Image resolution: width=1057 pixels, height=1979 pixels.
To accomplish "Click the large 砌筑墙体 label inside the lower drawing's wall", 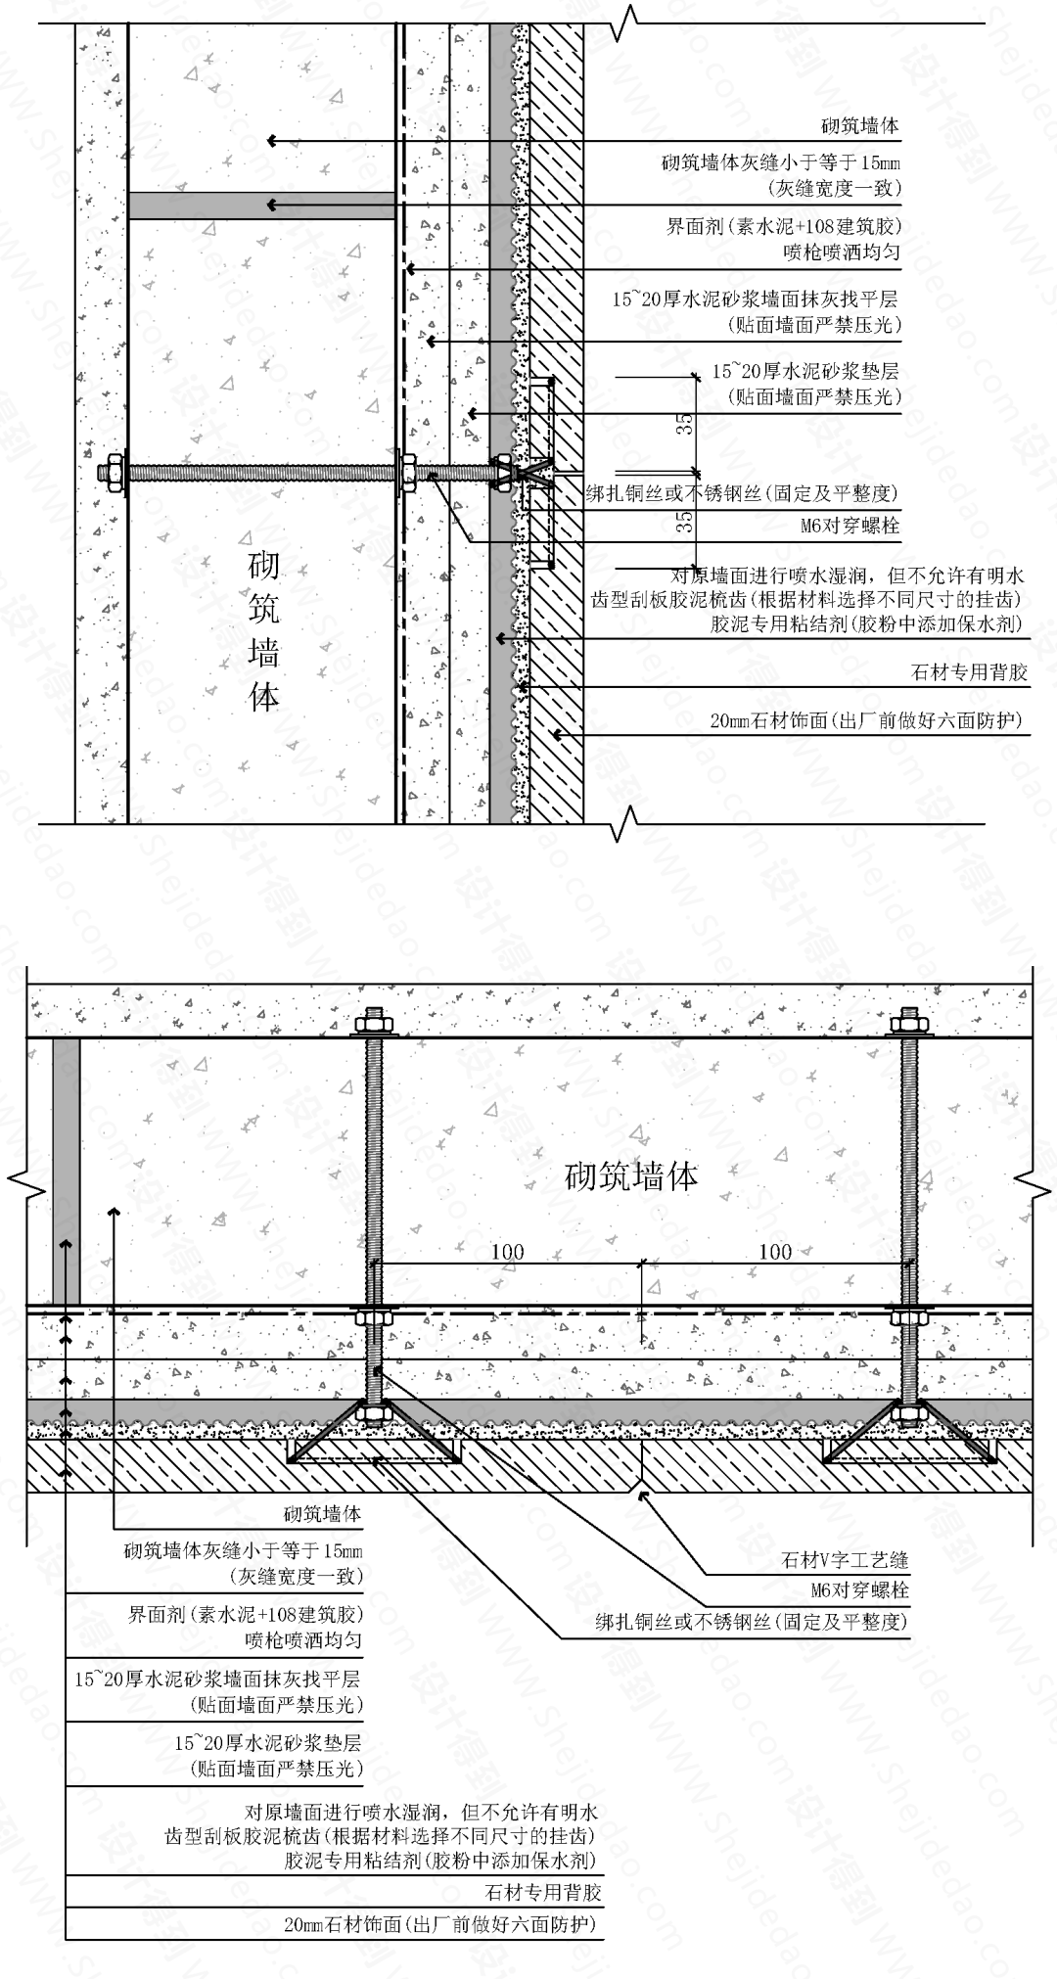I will pyautogui.click(x=632, y=1175).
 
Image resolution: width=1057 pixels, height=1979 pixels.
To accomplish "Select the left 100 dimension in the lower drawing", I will pyautogui.click(x=507, y=1252).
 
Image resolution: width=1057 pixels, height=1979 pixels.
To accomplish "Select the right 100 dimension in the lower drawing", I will pyautogui.click(x=775, y=1252).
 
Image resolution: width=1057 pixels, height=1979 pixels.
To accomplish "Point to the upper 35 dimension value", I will pyautogui.click(x=687, y=424).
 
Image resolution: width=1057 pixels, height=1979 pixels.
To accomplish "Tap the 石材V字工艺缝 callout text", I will pyautogui.click(x=845, y=1560).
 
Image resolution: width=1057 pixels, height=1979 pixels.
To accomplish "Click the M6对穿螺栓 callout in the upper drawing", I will pyautogui.click(x=850, y=526).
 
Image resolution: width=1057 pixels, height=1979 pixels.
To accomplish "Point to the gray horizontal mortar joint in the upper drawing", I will pyautogui.click(x=260, y=206).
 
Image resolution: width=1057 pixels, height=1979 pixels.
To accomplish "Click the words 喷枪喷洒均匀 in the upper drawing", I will pyautogui.click(x=842, y=253).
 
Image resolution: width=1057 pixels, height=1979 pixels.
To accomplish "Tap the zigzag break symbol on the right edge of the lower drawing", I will pyautogui.click(x=1034, y=1184).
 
